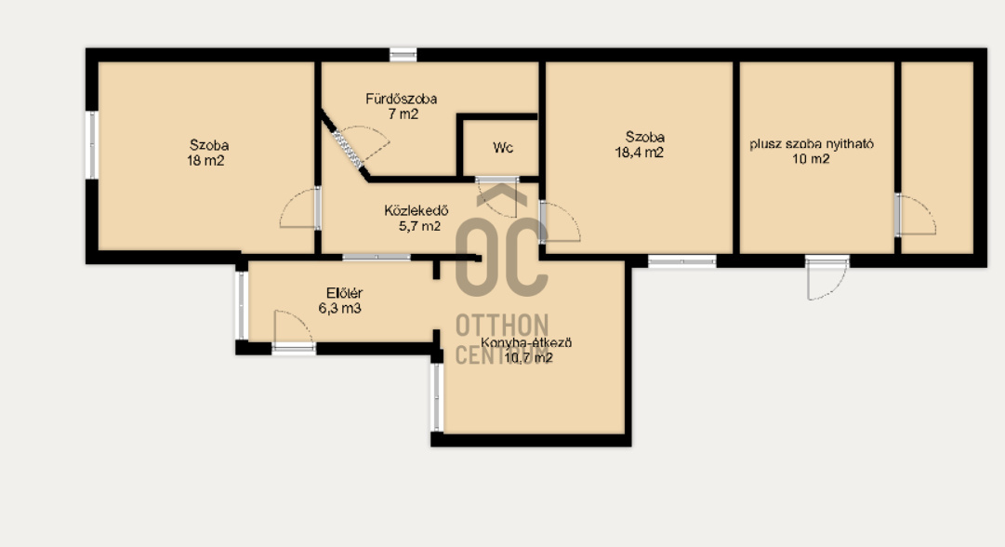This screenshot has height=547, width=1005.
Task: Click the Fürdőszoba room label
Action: coord(402,99)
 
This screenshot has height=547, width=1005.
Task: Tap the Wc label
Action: coord(503,148)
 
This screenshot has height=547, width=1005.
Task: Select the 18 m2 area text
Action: coord(205,161)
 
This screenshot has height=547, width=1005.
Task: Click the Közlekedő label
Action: coord(417,210)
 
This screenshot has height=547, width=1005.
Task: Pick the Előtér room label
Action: coord(344,293)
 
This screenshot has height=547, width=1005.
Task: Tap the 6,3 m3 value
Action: coord(339,309)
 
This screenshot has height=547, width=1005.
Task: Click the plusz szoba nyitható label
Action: coord(812,143)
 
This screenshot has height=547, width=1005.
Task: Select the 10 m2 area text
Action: coord(811,159)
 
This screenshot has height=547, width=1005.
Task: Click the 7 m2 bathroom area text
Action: coord(403,114)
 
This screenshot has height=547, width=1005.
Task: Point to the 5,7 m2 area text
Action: coord(420,226)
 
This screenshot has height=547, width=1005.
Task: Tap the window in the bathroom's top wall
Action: coord(403,55)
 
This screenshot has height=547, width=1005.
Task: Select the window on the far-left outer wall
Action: coord(92,145)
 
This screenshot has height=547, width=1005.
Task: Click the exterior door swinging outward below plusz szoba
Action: coord(826,277)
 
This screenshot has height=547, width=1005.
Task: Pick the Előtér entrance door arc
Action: coord(293,329)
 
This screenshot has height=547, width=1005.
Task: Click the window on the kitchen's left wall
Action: coord(436,397)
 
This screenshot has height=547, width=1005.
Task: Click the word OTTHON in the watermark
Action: coord(502,325)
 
